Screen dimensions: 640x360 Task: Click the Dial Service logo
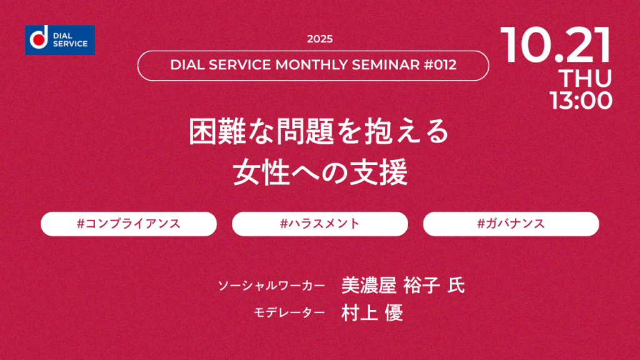click(60, 40)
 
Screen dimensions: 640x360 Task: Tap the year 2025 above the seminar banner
click(320, 39)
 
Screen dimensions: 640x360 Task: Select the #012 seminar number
click(440, 65)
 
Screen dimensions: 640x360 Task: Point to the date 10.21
click(556, 45)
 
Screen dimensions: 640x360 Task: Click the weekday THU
click(585, 78)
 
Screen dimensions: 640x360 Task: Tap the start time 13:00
click(581, 101)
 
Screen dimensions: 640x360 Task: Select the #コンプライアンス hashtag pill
click(129, 224)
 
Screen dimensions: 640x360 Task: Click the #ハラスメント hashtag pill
click(320, 224)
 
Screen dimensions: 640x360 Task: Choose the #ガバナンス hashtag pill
click(511, 224)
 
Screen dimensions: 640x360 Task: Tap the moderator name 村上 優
click(372, 312)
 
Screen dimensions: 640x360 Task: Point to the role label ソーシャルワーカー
click(271, 286)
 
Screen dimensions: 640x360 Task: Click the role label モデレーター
click(289, 312)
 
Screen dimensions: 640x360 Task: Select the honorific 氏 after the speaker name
click(456, 285)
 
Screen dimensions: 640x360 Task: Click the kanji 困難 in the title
click(217, 131)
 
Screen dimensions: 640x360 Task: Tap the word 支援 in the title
click(378, 172)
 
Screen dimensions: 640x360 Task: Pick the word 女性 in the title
click(261, 172)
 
